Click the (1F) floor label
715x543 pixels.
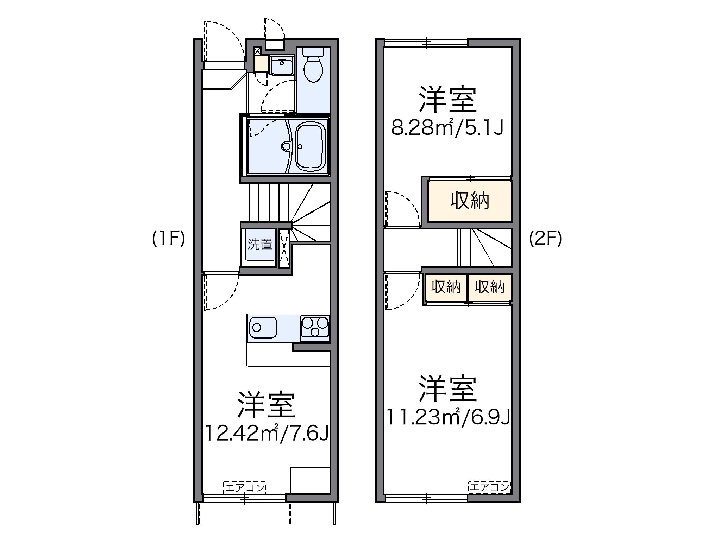(168, 240)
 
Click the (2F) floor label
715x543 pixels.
(545, 240)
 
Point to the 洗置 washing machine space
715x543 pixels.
(259, 245)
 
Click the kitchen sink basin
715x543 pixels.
(262, 327)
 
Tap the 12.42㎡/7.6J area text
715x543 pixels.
(266, 433)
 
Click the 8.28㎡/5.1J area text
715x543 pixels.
(447, 128)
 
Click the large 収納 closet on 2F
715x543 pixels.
(470, 201)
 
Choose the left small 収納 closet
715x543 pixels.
(446, 287)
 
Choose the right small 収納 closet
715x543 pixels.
(489, 287)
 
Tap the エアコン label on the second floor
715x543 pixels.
(489, 487)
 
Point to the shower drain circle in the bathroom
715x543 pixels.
(286, 146)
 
